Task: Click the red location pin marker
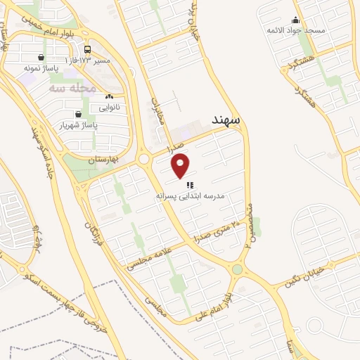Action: coord(181,166)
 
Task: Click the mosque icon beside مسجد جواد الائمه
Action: coord(295,20)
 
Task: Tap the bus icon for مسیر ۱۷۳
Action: coord(88,49)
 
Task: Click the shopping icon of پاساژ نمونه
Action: coord(43,58)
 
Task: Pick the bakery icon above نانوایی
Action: coord(109,97)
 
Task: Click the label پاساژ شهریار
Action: coord(76,124)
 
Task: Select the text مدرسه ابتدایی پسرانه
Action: coord(190,198)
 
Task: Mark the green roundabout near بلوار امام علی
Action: coord(238,269)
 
